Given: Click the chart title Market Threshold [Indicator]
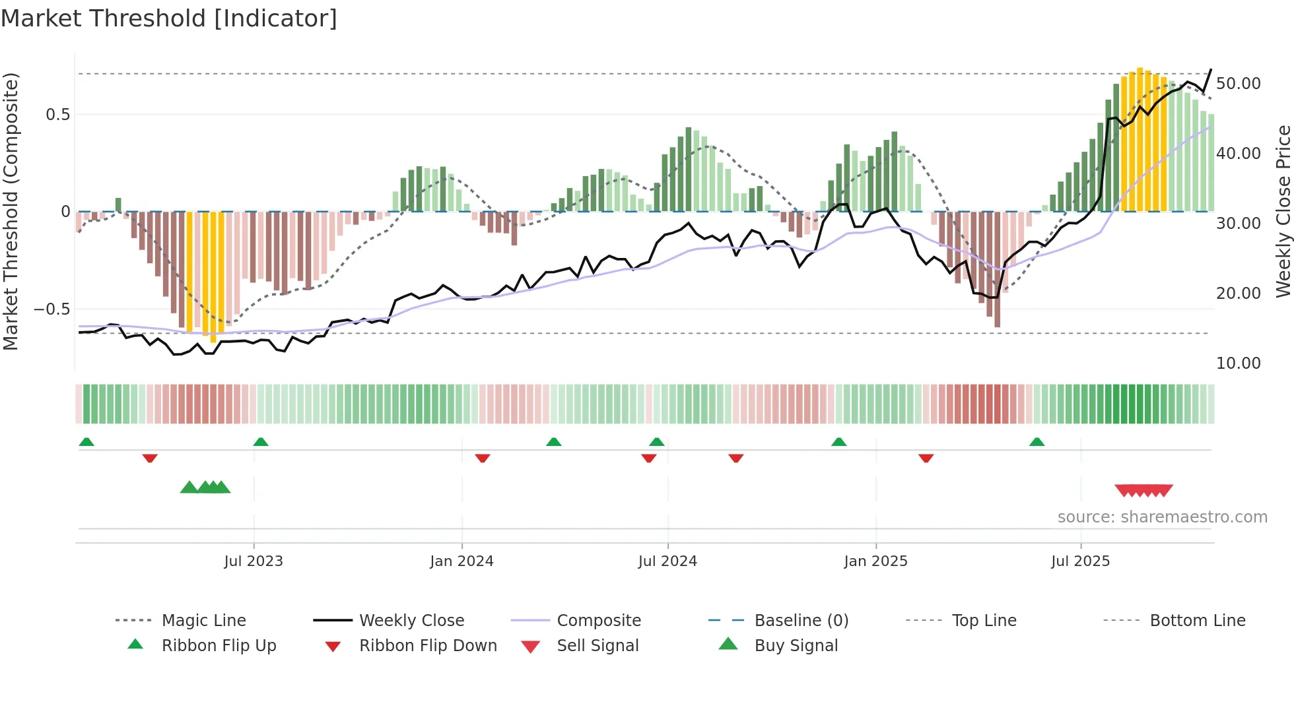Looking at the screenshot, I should click(x=169, y=18).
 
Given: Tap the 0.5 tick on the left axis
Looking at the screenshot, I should click(x=57, y=115).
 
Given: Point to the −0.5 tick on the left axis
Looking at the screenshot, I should click(x=52, y=309).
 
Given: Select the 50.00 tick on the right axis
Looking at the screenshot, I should click(x=1238, y=84).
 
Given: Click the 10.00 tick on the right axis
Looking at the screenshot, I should click(x=1238, y=363).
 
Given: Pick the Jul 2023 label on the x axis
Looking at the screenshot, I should click(x=254, y=561).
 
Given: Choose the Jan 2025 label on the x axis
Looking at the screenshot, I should click(x=875, y=561).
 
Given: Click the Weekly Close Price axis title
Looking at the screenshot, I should click(x=1283, y=211).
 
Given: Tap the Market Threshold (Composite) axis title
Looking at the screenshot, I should click(x=11, y=211).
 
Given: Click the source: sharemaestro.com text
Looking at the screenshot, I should click(x=1162, y=517).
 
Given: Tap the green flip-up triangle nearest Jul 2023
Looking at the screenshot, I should click(x=261, y=442).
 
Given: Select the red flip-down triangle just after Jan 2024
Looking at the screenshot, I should click(x=483, y=458).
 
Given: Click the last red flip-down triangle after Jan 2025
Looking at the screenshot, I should click(x=926, y=458).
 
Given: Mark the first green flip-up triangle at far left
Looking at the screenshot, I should click(x=86, y=442).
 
